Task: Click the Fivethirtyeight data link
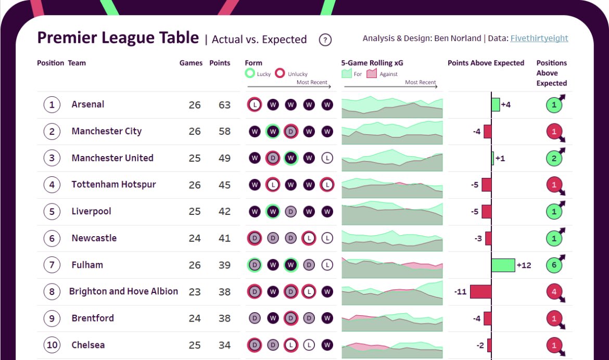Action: tap(539, 38)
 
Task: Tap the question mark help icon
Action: tap(325, 40)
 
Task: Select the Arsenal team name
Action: tap(87, 104)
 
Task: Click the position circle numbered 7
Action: tap(52, 265)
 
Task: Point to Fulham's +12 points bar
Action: tap(503, 265)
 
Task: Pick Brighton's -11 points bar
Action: tap(480, 291)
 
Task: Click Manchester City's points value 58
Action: tap(224, 131)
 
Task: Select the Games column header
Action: tap(191, 63)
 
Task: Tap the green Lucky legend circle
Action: tap(250, 73)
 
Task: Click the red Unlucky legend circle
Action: tap(280, 73)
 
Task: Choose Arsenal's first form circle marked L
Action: tap(255, 105)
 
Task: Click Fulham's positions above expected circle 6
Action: tap(554, 265)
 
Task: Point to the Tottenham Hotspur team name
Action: tap(113, 185)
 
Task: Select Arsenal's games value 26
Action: tap(195, 105)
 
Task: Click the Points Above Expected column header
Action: tap(486, 63)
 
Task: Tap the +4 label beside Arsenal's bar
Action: tap(505, 105)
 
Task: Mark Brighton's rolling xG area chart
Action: tap(392, 292)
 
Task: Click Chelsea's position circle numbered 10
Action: tap(52, 345)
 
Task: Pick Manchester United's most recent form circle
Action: tap(327, 158)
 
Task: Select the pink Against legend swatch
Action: tap(372, 74)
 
